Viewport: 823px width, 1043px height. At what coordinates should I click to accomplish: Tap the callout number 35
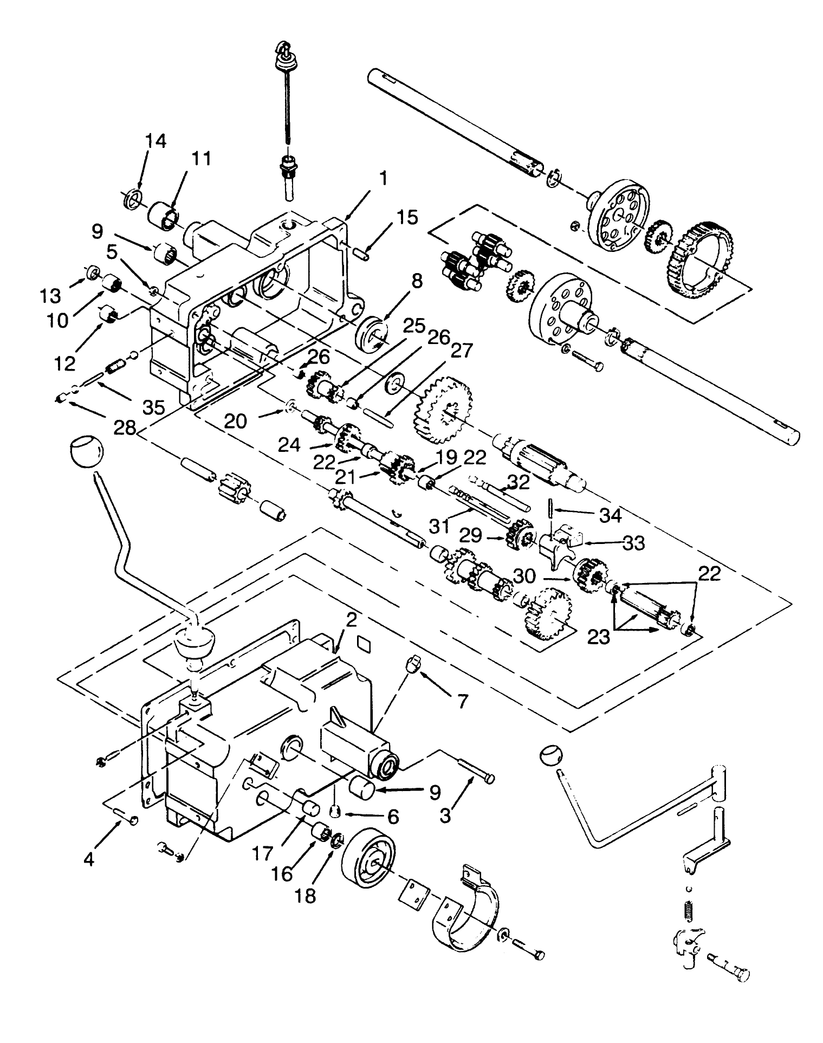153,407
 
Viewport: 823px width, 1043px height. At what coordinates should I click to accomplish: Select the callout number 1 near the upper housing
383,178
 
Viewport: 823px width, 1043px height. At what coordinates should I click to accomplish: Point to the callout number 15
407,217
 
